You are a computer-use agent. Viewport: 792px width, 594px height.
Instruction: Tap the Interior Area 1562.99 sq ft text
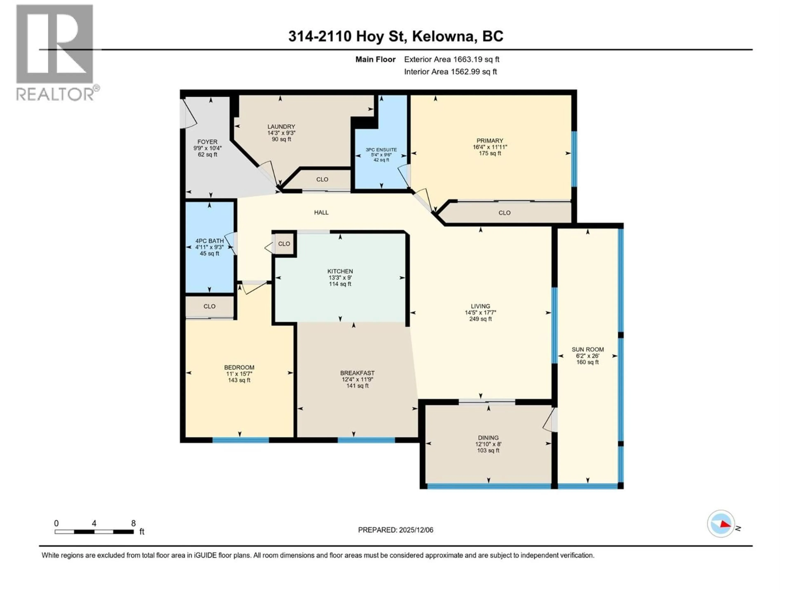click(x=450, y=72)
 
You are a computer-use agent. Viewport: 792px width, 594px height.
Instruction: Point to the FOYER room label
click(x=207, y=142)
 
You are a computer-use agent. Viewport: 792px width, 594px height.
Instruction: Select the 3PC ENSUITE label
click(x=381, y=150)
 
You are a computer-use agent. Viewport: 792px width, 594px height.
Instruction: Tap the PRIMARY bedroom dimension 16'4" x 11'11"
click(x=489, y=147)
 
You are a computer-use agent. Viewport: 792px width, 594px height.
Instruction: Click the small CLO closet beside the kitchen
click(x=284, y=244)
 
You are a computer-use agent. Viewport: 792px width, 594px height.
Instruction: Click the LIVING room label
click(x=480, y=306)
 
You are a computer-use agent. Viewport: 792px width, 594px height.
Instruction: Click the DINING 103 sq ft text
click(x=488, y=450)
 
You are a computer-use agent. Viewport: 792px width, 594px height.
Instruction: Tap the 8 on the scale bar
click(x=133, y=523)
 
